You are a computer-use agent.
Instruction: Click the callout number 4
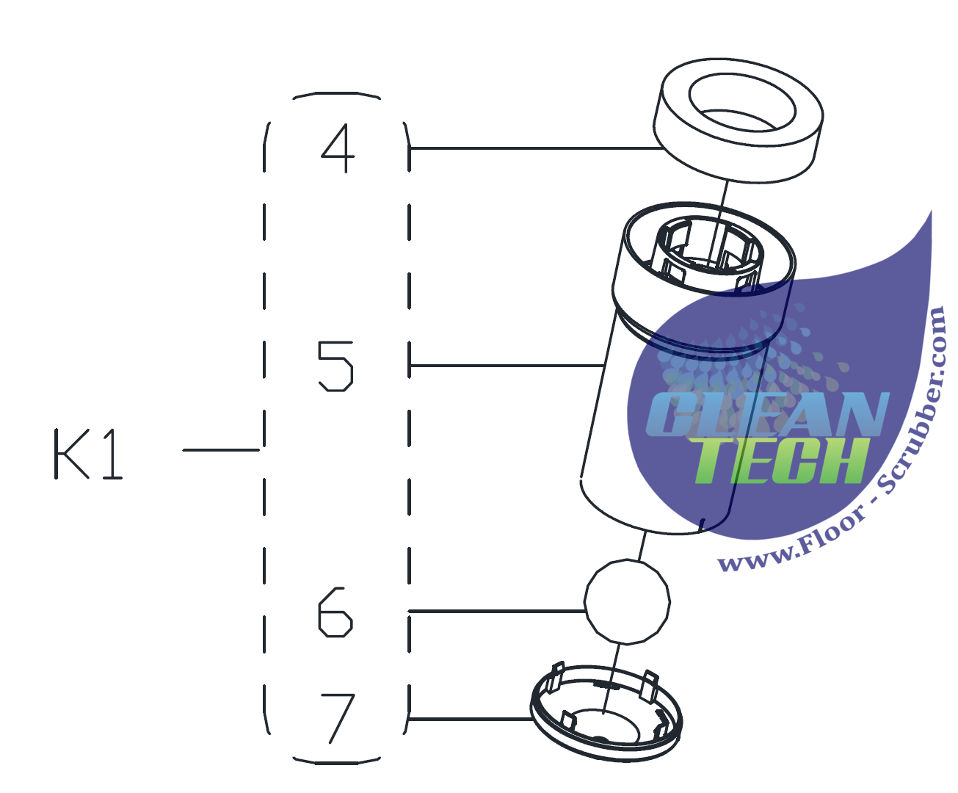(x=338, y=148)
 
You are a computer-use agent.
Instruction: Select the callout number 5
(x=335, y=365)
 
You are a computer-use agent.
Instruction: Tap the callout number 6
(x=335, y=611)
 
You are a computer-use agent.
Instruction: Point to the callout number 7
(x=337, y=717)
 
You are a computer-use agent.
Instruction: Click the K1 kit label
(x=88, y=454)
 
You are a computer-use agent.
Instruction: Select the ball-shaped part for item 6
(x=627, y=601)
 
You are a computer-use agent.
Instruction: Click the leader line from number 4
(x=536, y=148)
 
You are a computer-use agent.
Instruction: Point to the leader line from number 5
(x=507, y=365)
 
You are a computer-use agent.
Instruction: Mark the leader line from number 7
(x=470, y=718)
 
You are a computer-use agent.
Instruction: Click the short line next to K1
(x=220, y=449)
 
